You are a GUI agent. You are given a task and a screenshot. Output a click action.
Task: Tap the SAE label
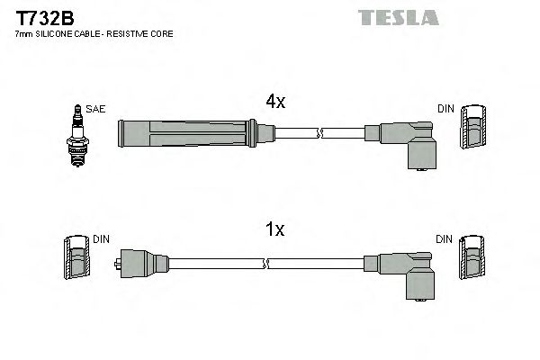[95, 109]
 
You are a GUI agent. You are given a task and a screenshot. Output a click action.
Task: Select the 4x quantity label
[274, 103]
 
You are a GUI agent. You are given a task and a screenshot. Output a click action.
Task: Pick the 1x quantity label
[274, 230]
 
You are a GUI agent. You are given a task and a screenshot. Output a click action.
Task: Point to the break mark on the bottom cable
[266, 263]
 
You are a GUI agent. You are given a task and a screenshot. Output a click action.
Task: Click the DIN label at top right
[445, 109]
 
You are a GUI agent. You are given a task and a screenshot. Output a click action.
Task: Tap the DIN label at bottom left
[101, 239]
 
